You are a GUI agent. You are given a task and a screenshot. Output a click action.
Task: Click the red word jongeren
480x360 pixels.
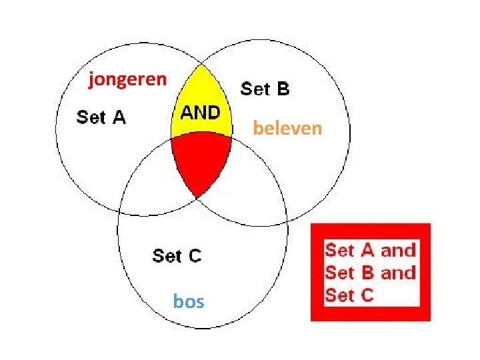[127, 81]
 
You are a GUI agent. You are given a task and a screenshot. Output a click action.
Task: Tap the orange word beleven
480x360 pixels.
[287, 127]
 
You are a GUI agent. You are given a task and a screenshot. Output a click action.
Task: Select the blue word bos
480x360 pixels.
[188, 302]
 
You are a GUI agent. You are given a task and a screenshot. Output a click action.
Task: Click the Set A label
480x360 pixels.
[101, 118]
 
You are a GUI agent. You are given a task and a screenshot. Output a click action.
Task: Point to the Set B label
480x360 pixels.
[265, 89]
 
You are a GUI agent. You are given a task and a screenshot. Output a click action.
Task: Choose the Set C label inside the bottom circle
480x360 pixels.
[177, 255]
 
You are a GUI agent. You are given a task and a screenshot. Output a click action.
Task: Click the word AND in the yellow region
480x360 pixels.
[200, 112]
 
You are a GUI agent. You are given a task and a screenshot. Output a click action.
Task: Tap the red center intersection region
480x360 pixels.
[199, 160]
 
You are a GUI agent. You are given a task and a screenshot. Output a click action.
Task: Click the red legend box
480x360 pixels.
[371, 272]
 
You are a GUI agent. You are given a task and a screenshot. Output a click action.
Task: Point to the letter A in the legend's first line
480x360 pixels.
[367, 251]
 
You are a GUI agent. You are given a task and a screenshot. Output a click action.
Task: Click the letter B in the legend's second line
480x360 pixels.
[367, 273]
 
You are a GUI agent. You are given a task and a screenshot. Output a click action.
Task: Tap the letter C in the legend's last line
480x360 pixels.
[367, 294]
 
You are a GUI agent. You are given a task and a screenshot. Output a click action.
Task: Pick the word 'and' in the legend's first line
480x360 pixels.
[398, 251]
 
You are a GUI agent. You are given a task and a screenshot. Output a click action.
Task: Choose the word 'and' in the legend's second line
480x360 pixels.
[398, 273]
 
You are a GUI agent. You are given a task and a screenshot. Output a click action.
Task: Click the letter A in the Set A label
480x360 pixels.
[117, 118]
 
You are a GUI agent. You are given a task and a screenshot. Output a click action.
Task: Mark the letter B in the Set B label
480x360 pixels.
[283, 89]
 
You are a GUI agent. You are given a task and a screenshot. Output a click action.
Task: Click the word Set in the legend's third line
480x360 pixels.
[340, 294]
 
